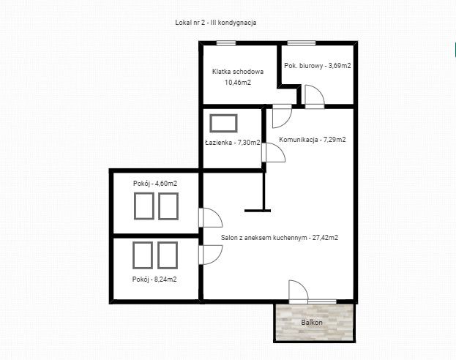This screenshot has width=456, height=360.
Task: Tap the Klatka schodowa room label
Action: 238,72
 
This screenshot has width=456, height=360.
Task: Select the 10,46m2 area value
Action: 238,83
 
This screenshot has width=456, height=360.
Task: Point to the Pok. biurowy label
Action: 303,66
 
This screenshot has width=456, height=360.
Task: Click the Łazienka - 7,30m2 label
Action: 233,143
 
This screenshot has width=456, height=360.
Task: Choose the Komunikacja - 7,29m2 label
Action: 313,140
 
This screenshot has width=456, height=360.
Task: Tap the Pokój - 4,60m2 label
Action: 155,184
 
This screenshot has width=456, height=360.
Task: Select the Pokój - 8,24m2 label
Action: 154,280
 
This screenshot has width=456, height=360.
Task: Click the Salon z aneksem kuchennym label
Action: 263,238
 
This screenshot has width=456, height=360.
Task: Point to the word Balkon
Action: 312,323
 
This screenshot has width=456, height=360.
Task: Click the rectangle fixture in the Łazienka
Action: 223,124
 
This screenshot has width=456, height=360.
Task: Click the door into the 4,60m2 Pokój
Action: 211,217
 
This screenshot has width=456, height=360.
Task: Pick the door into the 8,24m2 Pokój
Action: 211,255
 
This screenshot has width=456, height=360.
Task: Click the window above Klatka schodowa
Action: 226,43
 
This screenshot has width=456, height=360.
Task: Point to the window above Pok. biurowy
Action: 302,43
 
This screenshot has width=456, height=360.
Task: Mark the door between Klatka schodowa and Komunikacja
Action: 282,116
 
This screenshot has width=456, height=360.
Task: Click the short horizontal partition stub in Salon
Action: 258,211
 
